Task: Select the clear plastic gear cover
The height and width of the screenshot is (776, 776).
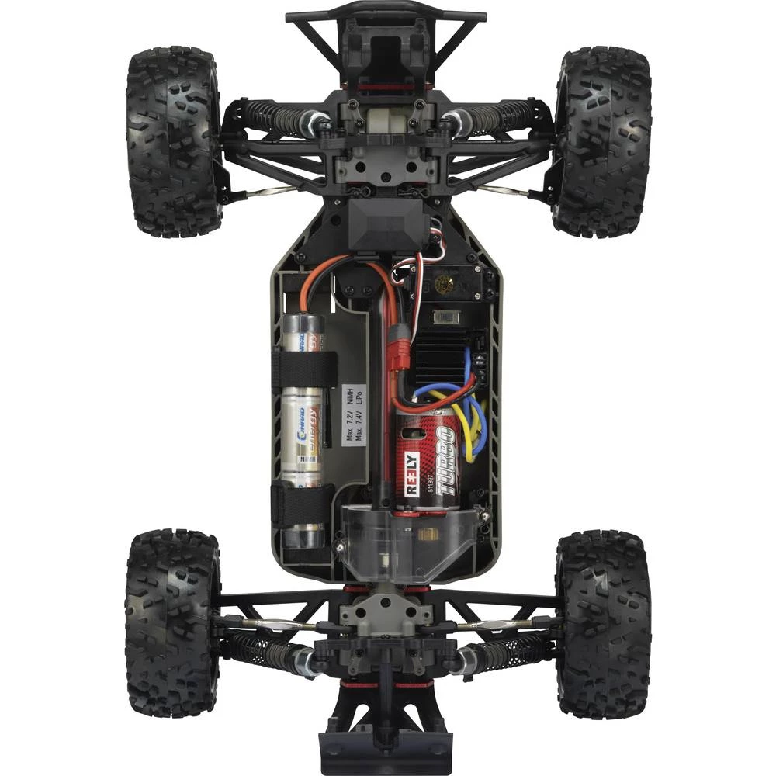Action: click(x=404, y=543)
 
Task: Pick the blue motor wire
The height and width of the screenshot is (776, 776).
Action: click(x=475, y=415)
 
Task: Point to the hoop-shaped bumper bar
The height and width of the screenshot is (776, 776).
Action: click(x=386, y=17)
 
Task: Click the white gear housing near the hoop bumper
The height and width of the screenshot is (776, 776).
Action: click(x=386, y=120)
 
